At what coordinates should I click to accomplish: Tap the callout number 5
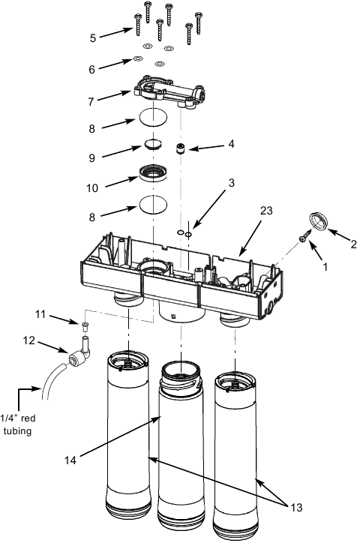92,37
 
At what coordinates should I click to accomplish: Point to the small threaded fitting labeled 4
181,147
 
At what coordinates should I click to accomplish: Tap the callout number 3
211,182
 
